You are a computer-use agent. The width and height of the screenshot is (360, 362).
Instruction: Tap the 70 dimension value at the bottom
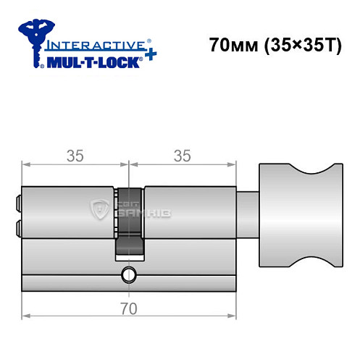(130, 308)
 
